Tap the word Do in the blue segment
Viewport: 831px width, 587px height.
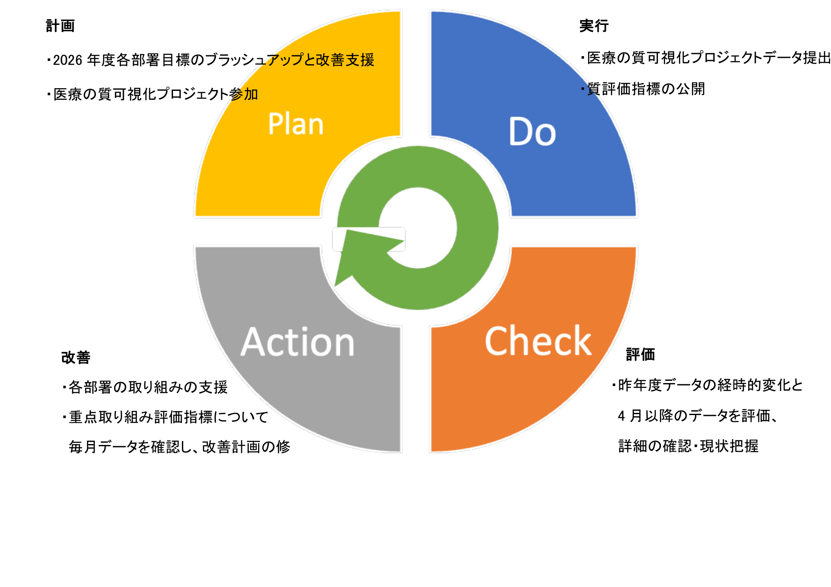pos(532,131)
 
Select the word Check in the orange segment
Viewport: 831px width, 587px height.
pos(538,341)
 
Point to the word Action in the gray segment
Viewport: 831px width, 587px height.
pos(297,342)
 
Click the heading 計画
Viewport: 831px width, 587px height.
pos(60,26)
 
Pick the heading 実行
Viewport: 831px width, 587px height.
pos(594,26)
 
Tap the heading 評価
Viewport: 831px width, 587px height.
pos(640,355)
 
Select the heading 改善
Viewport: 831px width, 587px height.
pos(76,357)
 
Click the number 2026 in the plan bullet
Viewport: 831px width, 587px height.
pos(68,60)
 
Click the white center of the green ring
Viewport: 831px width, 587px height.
pos(418,228)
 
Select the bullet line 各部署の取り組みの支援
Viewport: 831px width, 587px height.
pos(145,387)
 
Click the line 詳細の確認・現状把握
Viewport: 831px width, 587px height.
pos(688,446)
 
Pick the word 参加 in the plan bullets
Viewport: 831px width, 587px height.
pos(243,94)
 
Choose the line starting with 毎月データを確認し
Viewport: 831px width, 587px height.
pos(179,447)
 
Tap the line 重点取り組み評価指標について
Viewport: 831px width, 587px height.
pos(165,417)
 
